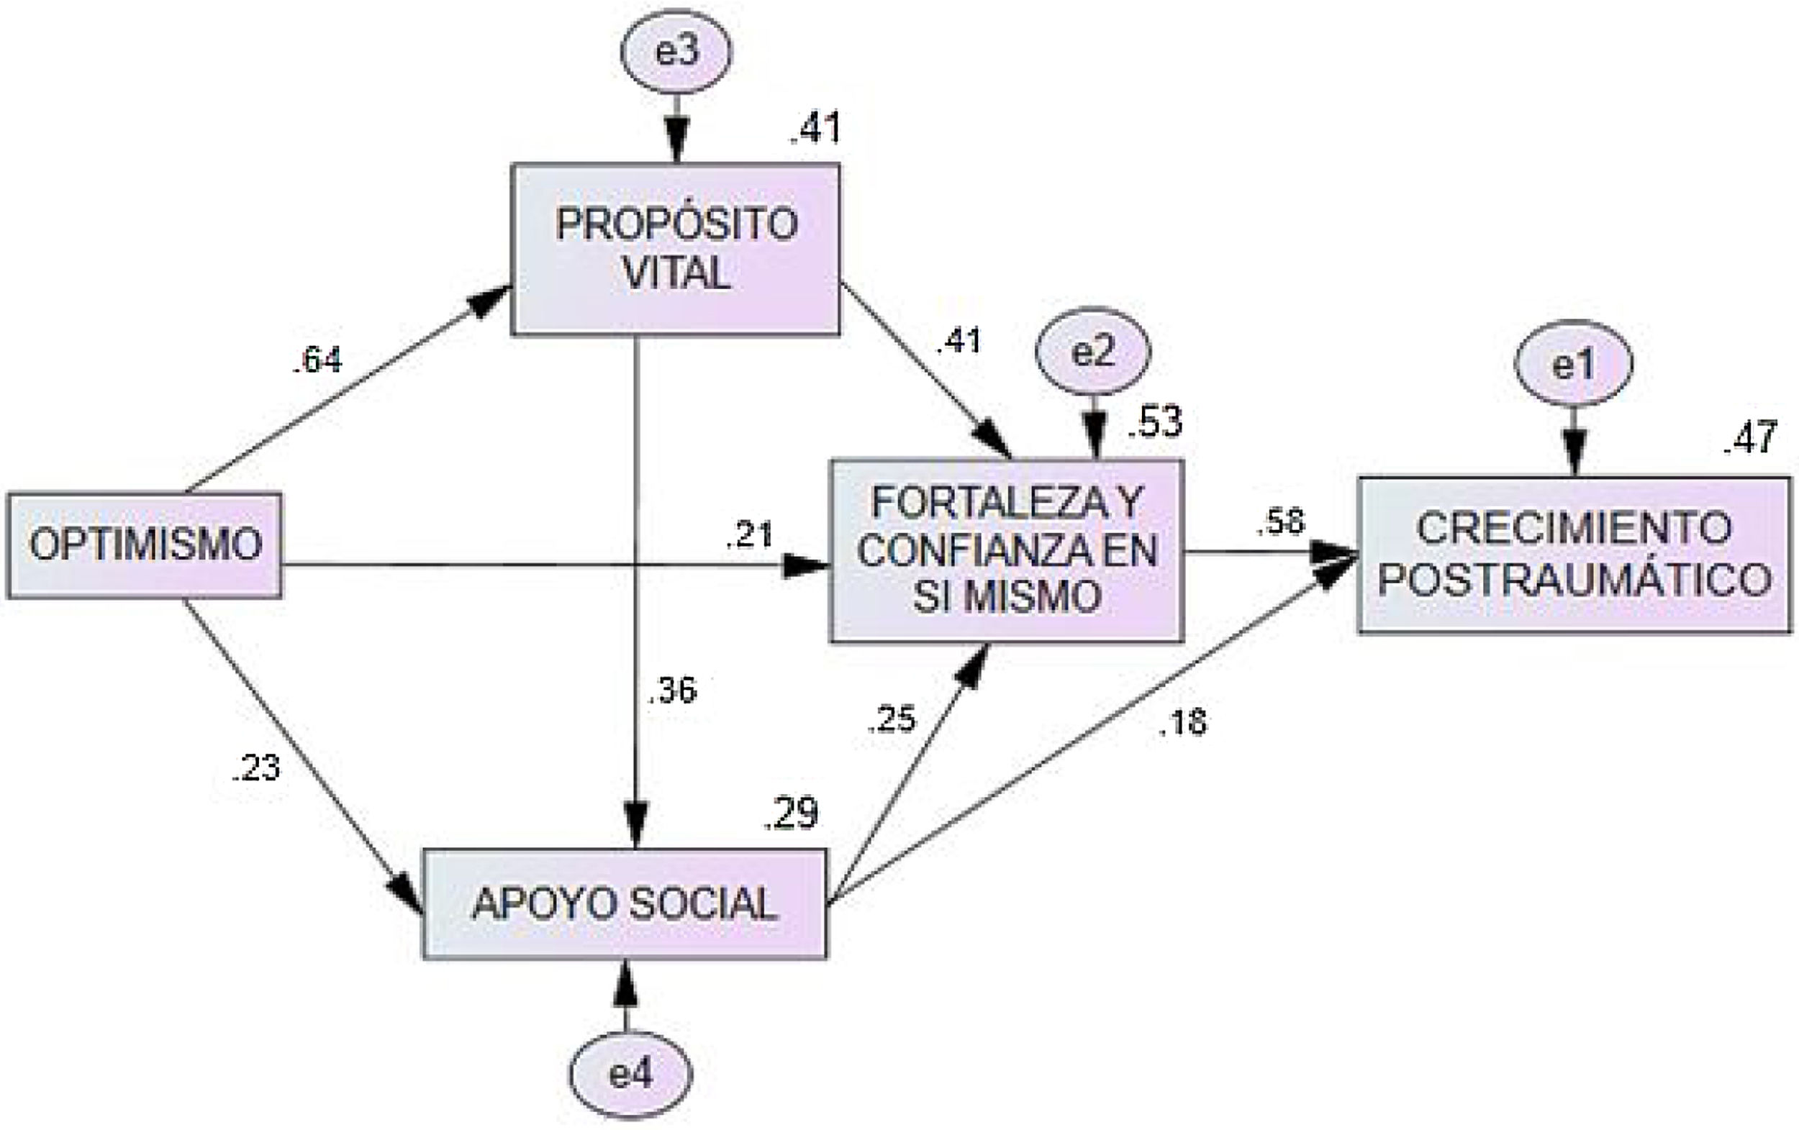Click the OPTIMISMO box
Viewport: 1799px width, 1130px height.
pyautogui.click(x=144, y=545)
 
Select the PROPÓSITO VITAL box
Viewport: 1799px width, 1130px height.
pyautogui.click(x=676, y=249)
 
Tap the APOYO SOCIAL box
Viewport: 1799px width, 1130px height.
pyautogui.click(x=625, y=904)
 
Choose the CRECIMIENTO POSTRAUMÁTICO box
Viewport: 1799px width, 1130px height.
pyautogui.click(x=1575, y=554)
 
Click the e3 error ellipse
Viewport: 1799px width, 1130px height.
pyautogui.click(x=677, y=53)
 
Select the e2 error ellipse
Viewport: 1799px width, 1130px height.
pyautogui.click(x=1094, y=352)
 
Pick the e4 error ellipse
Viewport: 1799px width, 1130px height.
pyautogui.click(x=631, y=1075)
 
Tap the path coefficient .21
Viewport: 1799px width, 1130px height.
pyautogui.click(x=749, y=534)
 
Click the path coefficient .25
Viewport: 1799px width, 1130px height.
pyautogui.click(x=892, y=719)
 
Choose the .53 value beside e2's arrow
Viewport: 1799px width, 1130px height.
pyautogui.click(x=1155, y=423)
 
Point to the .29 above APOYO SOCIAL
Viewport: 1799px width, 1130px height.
pyautogui.click(x=791, y=814)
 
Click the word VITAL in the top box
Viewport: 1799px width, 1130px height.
pyautogui.click(x=676, y=274)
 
